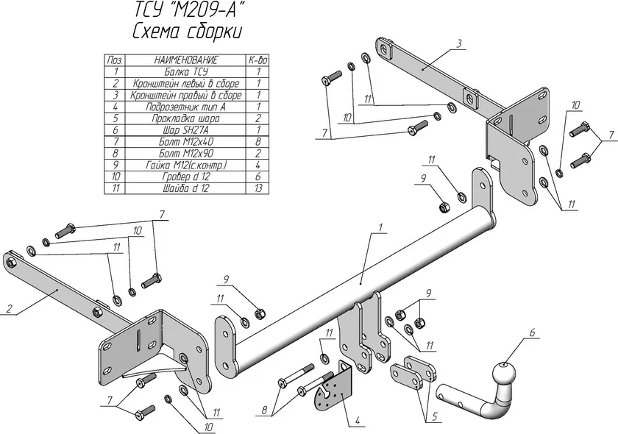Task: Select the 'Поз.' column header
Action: [x=114, y=60]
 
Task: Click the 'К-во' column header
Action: [x=258, y=60]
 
